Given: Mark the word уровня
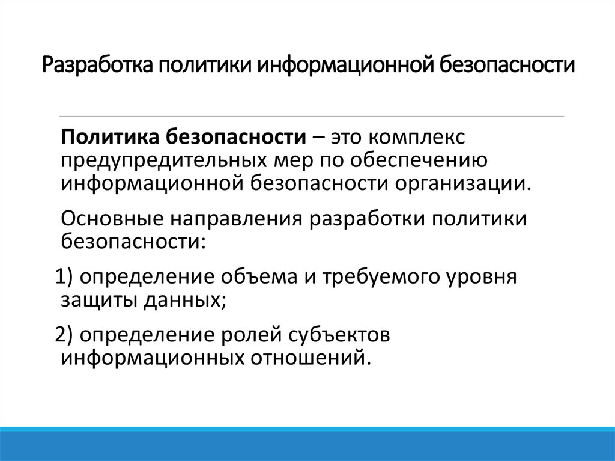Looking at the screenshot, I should click(x=483, y=277).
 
